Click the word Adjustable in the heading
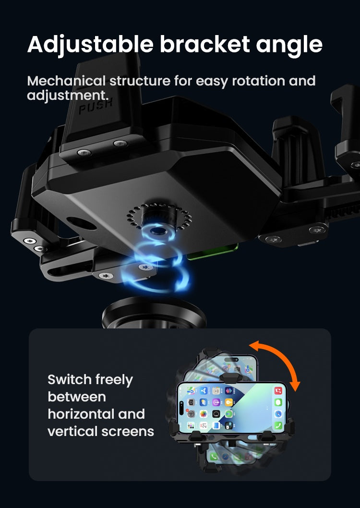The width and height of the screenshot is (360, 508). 90,45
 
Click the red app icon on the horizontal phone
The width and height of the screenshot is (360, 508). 278,390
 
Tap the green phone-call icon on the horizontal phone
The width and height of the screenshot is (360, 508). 278,425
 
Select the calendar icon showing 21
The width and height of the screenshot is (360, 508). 204,425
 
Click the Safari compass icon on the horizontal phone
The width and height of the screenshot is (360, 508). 278,414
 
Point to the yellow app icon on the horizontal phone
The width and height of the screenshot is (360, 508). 228,402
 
